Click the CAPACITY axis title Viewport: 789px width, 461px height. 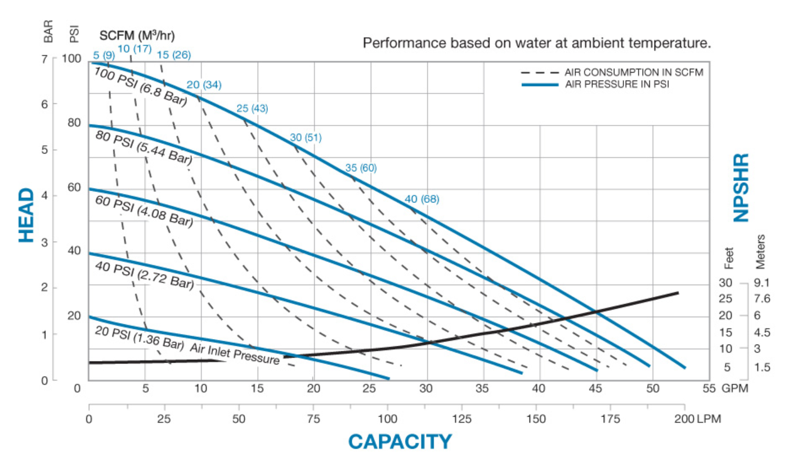click(400, 441)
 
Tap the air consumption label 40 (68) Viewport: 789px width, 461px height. click(422, 199)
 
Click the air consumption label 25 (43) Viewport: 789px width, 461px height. click(252, 108)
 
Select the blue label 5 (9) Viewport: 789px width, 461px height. click(104, 55)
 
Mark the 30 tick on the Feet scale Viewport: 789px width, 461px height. click(725, 283)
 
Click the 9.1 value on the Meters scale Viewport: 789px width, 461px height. click(763, 283)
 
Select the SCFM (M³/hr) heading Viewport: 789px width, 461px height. click(137, 36)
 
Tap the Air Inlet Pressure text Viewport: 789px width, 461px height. click(235, 354)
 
